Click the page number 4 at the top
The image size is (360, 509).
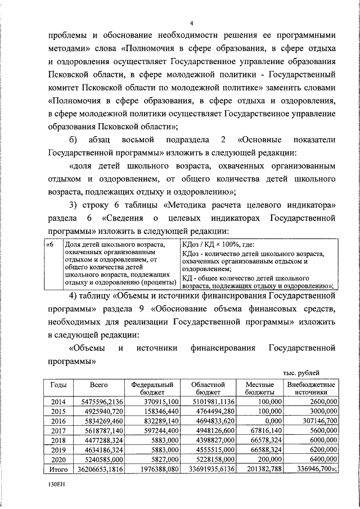[191, 23]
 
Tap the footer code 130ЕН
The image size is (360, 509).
[56, 484]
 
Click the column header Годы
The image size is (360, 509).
[59, 385]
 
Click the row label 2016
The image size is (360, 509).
[59, 421]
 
